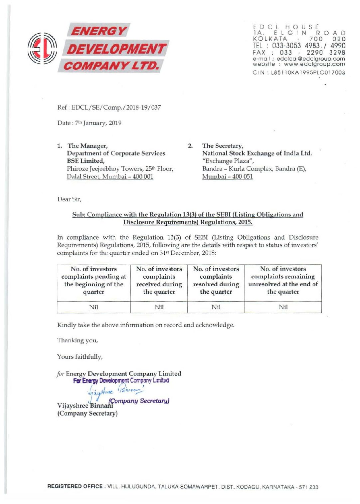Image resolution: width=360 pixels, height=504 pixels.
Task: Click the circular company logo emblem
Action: [x=42, y=49]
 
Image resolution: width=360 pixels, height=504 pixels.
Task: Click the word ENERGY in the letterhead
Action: [x=98, y=31]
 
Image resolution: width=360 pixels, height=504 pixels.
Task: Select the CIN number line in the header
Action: [x=298, y=73]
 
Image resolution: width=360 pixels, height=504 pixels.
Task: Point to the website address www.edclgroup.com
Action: [x=314, y=64]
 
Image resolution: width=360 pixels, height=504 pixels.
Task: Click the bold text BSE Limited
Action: [x=86, y=161]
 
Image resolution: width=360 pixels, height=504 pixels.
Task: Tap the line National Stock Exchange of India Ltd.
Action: [x=257, y=153]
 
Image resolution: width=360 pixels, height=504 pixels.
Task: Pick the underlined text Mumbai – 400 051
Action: [x=227, y=176]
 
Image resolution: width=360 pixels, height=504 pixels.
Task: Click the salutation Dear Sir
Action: [x=69, y=199]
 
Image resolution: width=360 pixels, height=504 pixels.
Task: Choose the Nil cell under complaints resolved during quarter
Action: [x=216, y=307]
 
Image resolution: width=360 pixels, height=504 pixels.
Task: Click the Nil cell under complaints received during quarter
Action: [x=159, y=307]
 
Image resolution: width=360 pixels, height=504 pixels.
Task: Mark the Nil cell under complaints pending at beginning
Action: [x=93, y=307]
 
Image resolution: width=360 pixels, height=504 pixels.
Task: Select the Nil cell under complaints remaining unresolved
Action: [x=283, y=307]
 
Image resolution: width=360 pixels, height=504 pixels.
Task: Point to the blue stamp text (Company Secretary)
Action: [x=139, y=401]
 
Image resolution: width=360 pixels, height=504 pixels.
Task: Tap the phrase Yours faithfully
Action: [x=80, y=357]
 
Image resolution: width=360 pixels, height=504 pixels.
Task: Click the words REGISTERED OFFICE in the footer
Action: [x=75, y=486]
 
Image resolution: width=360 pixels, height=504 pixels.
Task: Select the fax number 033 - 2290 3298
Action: [x=312, y=53]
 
